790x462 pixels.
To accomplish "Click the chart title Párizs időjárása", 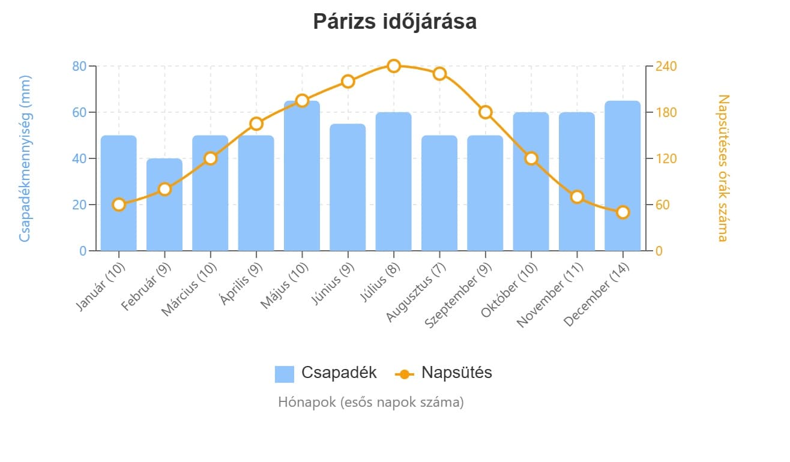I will [x=394, y=22].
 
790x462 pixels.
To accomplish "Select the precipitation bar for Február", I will [x=164, y=205].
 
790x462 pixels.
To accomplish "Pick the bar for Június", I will [x=348, y=187].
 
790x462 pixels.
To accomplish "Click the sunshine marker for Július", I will [x=394, y=66].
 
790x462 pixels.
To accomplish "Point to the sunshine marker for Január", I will [x=119, y=205].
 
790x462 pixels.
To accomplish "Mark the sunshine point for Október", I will [x=531, y=158].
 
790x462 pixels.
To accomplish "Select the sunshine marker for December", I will [x=623, y=212].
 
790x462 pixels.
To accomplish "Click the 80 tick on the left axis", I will [x=79, y=66].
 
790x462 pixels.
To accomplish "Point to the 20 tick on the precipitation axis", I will [x=79, y=205].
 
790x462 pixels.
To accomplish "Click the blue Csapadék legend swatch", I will [x=285, y=373].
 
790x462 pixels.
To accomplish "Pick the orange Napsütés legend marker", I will [x=405, y=374].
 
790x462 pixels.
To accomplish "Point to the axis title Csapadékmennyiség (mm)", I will [x=25, y=158].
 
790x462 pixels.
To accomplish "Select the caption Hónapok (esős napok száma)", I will [x=371, y=402].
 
